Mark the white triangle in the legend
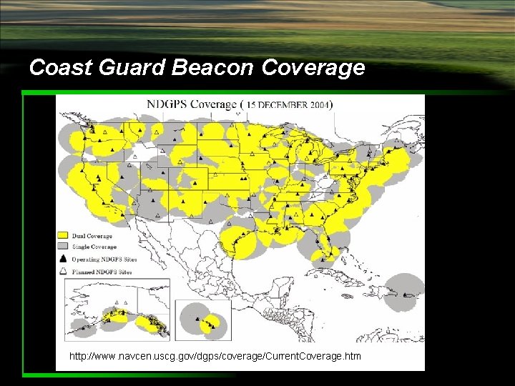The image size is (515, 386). pos(63,272)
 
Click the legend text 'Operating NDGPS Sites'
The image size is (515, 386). pos(104,259)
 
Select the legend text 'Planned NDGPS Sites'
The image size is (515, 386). pos(101,272)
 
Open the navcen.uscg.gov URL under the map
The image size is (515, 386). pos(215,356)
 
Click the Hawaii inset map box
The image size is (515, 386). pos(203,320)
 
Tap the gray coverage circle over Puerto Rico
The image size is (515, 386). pos(405,293)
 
